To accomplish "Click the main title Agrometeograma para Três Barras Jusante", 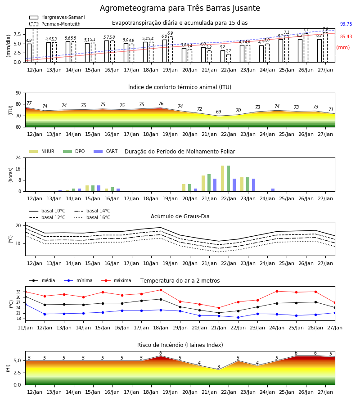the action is (180, 8).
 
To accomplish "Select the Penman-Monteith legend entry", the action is (55, 24).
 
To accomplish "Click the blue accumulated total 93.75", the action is (346, 24).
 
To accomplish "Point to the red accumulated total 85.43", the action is (346, 37).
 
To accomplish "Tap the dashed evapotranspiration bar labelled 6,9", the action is (171, 49).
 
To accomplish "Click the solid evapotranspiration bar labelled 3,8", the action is (184, 55).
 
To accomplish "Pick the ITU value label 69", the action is (219, 112).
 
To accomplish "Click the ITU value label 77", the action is (29, 103).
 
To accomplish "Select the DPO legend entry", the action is (74, 151).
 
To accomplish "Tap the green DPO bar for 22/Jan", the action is (228, 179).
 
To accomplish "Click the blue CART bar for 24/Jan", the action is (273, 190).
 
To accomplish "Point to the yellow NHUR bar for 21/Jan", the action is (203, 184).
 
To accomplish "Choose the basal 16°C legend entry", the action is (92, 218).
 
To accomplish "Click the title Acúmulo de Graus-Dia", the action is (180, 216).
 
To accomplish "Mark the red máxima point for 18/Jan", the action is (161, 290).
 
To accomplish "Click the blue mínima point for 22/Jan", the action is (238, 317).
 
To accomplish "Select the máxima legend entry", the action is (116, 280).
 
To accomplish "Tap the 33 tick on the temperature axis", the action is (18, 292).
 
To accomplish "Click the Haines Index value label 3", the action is (219, 367).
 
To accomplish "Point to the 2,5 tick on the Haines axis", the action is (18, 373).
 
